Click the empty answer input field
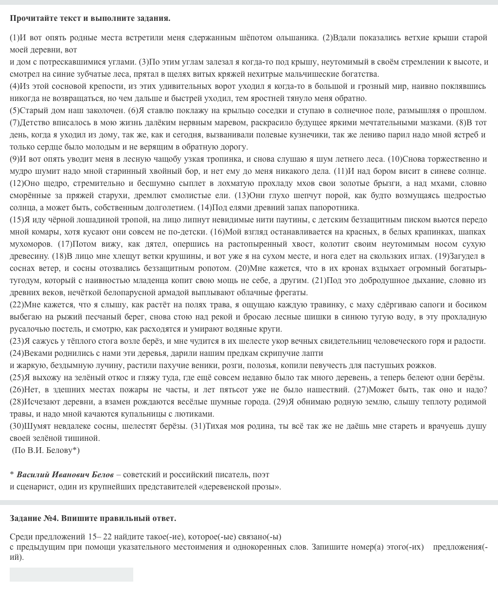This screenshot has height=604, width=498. (71, 574)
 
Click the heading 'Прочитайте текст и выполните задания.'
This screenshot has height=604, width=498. (90, 18)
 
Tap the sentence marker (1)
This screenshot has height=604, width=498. (15, 37)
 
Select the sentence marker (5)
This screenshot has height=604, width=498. (15, 110)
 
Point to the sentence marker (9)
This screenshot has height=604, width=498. (15, 159)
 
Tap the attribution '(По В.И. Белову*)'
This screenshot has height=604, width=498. (46, 450)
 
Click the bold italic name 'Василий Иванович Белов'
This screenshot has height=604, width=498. (65, 474)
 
